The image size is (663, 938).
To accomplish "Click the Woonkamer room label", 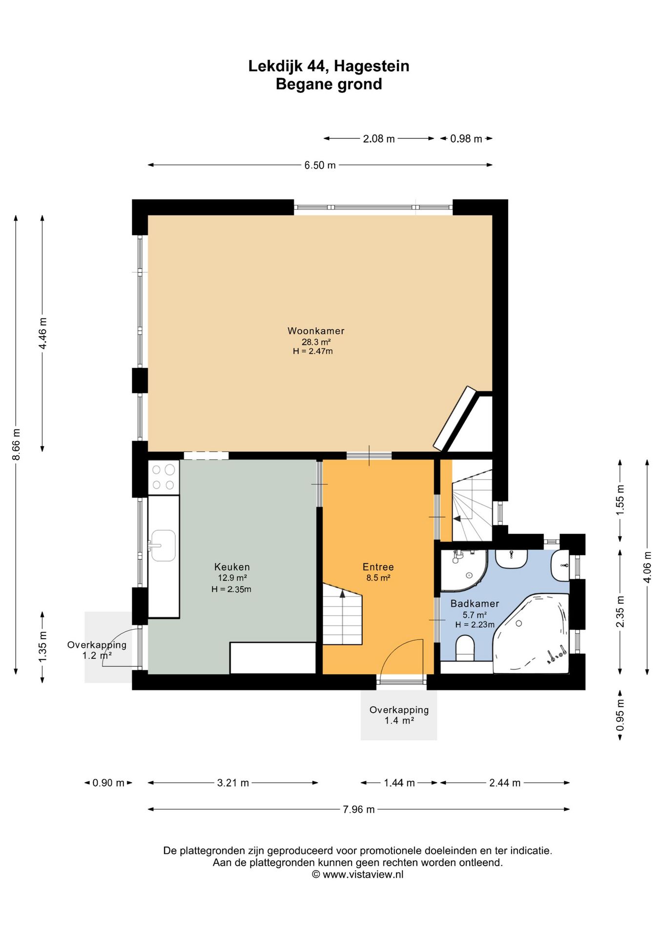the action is click(x=316, y=331).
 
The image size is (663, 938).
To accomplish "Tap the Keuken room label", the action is click(x=232, y=567).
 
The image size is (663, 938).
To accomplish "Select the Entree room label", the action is click(x=378, y=567).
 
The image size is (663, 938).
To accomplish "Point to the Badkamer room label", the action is click(x=475, y=603).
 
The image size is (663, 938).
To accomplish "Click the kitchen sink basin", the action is click(x=163, y=546).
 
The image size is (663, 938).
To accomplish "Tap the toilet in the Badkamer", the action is click(x=465, y=648).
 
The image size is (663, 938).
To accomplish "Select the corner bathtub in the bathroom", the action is click(x=531, y=634).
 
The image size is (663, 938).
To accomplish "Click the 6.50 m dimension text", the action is click(x=320, y=165).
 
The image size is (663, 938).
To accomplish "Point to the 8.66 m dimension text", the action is click(x=16, y=444).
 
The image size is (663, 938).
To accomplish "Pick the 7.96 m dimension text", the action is click(x=359, y=810).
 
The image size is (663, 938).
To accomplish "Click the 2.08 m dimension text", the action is click(x=379, y=139).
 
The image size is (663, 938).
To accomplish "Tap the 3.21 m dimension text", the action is click(x=233, y=783).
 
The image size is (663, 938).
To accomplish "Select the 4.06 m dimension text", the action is click(x=647, y=567).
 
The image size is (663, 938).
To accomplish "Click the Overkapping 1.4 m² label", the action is click(x=399, y=715).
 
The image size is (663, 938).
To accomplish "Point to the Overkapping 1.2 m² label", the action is click(x=97, y=650).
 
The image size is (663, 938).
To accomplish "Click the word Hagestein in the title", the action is click(x=372, y=66).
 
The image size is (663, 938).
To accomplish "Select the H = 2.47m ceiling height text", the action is click(x=313, y=351).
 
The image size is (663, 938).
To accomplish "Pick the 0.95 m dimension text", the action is click(x=620, y=715).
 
